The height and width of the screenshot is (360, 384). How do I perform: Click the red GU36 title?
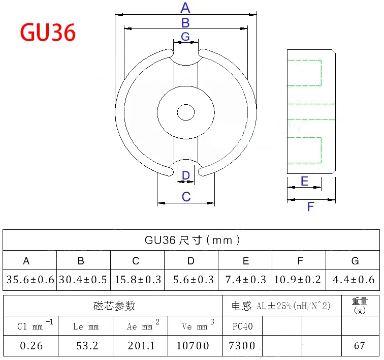point(48,33)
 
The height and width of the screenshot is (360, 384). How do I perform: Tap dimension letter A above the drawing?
point(185,8)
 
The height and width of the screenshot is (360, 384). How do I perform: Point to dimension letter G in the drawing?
point(185,36)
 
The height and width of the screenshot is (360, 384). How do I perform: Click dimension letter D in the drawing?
point(186,175)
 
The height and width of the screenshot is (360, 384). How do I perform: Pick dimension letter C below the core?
point(186,196)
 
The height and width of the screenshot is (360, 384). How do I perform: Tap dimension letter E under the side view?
point(305,182)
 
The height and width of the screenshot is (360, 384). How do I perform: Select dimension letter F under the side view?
point(311,206)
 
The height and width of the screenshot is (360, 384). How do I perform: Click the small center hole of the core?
point(186,112)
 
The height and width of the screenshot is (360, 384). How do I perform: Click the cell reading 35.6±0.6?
point(29,280)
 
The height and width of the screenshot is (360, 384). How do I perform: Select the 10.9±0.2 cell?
point(300,280)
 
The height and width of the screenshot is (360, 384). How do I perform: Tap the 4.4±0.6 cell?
point(354,280)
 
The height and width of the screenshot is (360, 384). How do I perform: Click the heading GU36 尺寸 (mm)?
point(192,240)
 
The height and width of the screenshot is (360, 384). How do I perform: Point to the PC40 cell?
point(242,326)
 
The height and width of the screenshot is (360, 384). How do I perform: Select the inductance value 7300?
point(242,346)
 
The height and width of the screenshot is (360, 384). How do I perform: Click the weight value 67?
point(359,346)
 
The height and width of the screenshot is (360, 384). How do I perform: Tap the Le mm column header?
point(85,326)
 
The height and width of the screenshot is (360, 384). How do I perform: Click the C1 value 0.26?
point(31,346)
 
